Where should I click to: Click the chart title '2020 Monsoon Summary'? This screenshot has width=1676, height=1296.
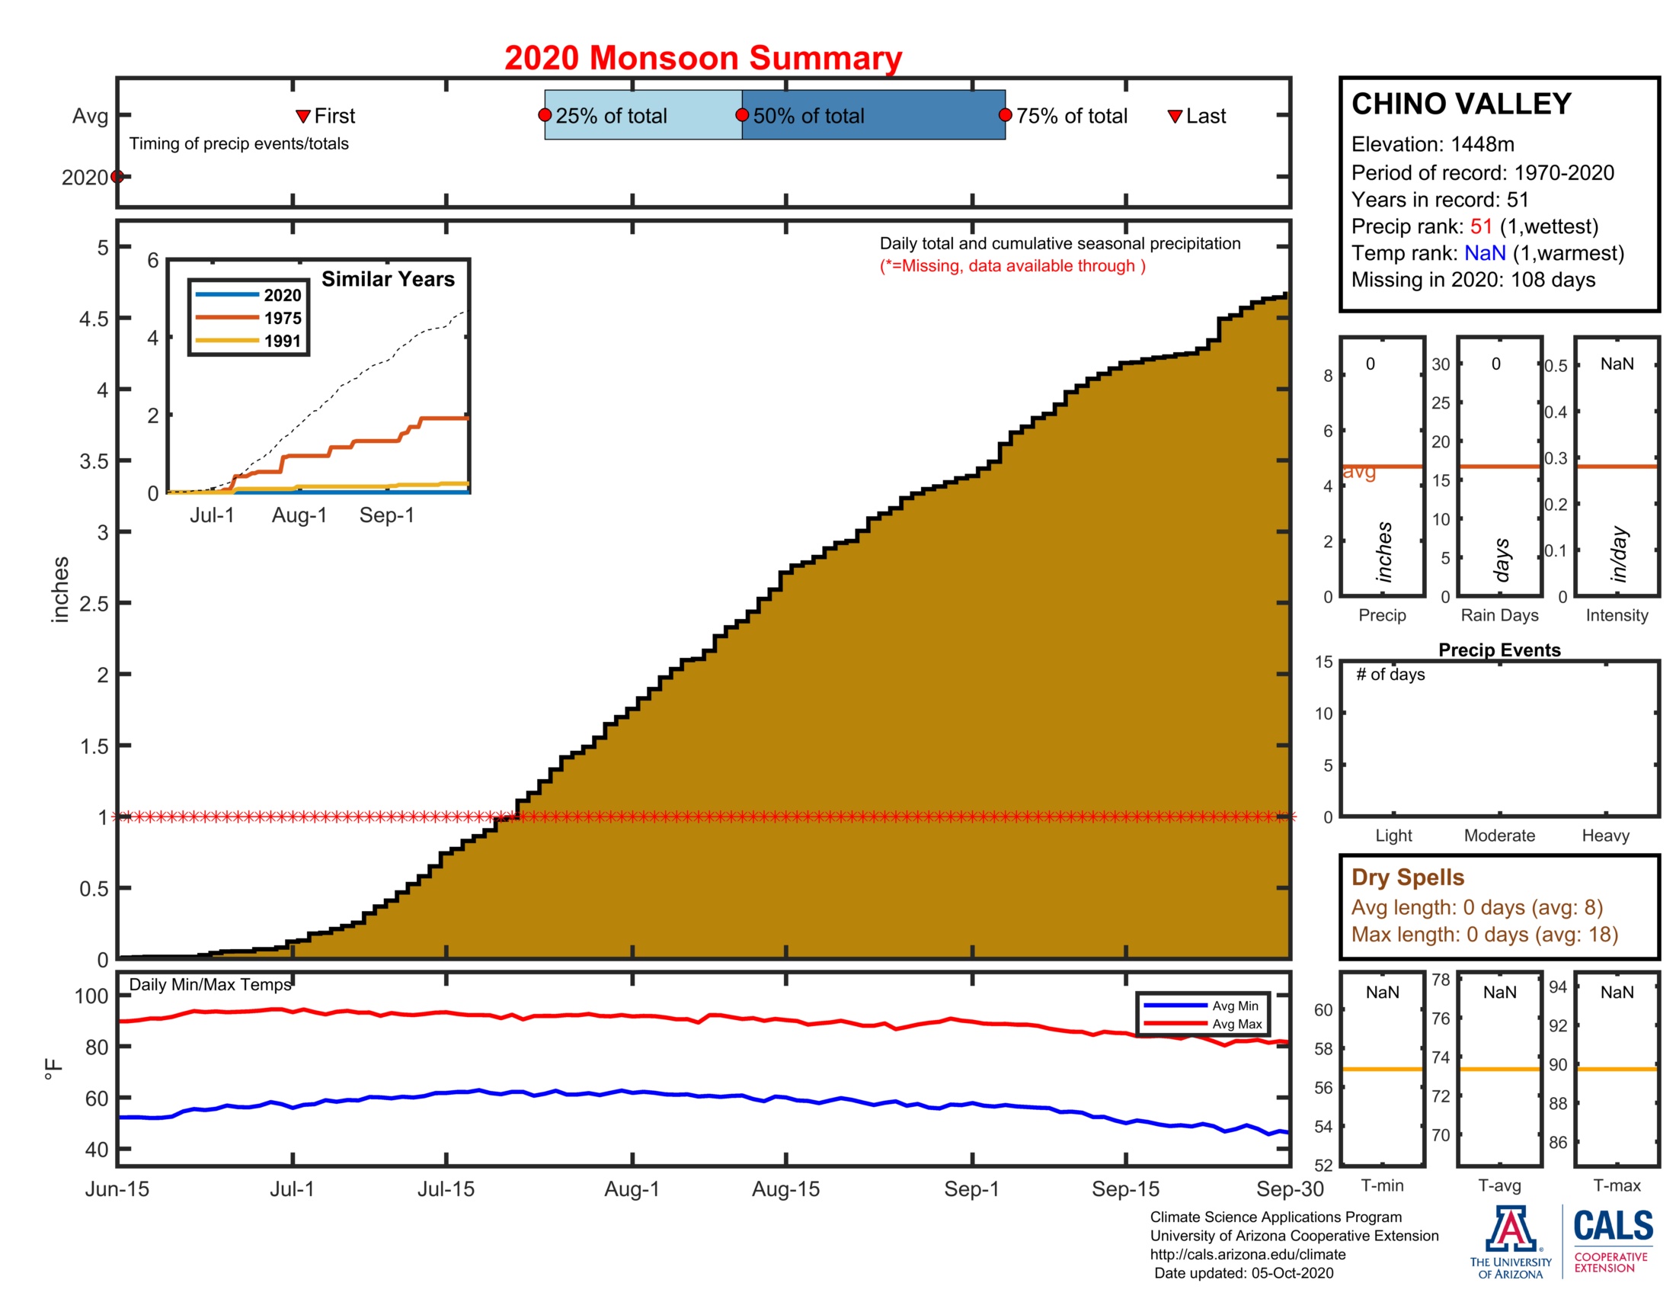click(702, 59)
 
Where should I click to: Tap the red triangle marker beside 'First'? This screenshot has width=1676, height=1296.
click(302, 116)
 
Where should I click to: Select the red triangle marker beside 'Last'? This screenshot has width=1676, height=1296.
click(1174, 116)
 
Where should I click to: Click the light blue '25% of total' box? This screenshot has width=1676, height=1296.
click(642, 115)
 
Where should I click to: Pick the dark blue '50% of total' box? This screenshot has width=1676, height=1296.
click(872, 115)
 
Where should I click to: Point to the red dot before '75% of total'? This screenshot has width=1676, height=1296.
click(1005, 115)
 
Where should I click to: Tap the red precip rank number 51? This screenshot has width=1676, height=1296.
click(1480, 226)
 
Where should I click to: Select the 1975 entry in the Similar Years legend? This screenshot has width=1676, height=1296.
click(282, 318)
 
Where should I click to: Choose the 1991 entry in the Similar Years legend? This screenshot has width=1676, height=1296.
click(282, 341)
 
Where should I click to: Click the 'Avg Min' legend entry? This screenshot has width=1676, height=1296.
click(1235, 1006)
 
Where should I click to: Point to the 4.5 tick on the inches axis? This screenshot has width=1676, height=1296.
click(94, 319)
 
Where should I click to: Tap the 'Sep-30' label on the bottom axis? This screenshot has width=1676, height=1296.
click(1289, 1189)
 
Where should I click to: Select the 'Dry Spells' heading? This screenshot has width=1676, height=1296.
click(1406, 877)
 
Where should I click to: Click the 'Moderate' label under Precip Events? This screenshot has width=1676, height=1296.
click(1498, 836)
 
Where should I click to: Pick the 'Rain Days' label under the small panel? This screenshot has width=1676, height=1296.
click(1498, 615)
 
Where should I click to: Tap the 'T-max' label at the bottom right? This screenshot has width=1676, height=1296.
click(1616, 1185)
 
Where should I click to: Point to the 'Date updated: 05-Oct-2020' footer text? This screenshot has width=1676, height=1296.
click(1243, 1273)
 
